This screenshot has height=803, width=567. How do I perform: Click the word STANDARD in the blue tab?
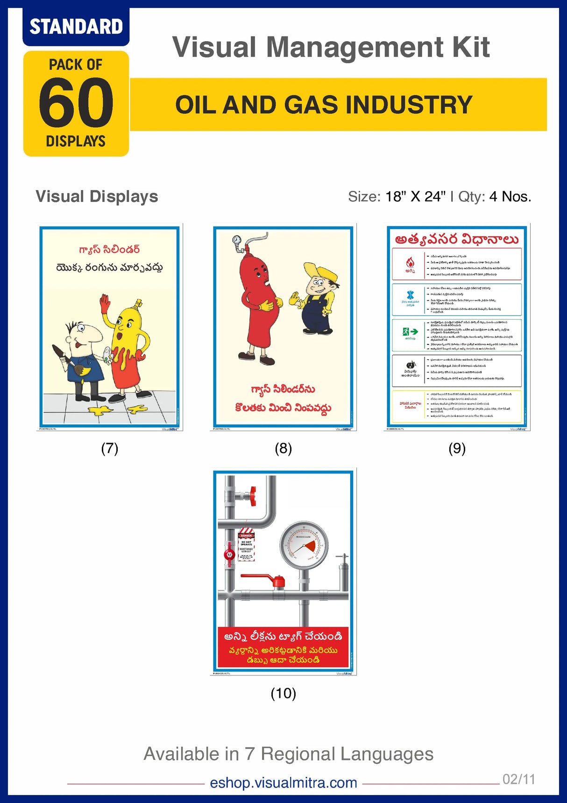[76, 27]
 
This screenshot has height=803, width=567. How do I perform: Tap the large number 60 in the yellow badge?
[76, 103]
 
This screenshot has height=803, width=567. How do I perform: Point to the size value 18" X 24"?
[415, 197]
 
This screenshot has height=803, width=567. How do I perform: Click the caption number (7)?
[110, 449]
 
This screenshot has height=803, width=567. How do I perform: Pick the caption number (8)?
[283, 449]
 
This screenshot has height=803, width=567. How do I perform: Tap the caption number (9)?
[457, 449]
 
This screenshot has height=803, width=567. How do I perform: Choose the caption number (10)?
[283, 693]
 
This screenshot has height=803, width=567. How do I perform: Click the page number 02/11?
[518, 779]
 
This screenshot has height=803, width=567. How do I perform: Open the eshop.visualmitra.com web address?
[283, 782]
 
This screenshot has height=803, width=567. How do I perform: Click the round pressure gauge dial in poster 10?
[304, 545]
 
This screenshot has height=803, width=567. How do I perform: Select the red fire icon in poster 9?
[410, 263]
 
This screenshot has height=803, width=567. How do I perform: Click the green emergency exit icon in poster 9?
[410, 332]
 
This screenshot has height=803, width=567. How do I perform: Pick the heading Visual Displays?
[97, 197]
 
